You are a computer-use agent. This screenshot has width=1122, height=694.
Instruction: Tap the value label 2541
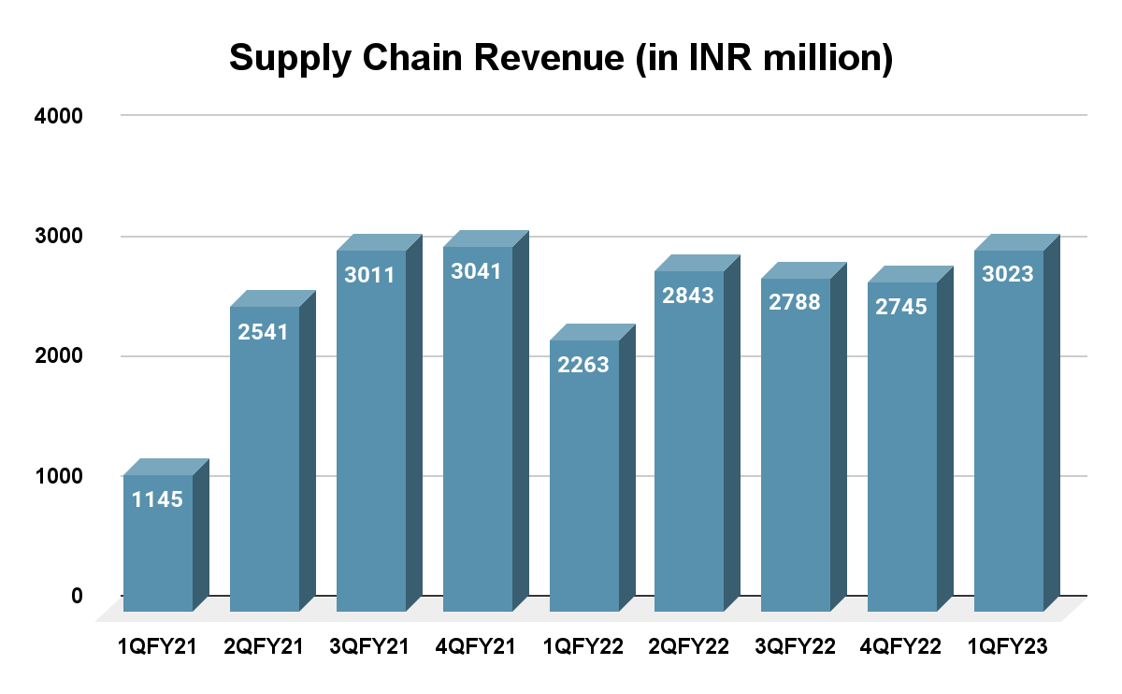point(265,332)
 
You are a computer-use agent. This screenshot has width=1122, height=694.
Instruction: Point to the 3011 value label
point(371,276)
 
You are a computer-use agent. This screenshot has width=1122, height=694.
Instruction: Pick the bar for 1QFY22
point(584,486)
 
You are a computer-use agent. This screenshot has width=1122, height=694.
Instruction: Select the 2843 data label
point(689,296)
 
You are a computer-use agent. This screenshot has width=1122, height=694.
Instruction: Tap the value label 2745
point(902,306)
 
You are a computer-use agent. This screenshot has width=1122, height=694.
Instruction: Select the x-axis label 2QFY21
point(265,646)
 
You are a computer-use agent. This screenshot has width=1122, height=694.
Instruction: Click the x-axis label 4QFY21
point(478,646)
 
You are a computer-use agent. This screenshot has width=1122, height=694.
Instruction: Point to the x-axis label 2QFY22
point(689,646)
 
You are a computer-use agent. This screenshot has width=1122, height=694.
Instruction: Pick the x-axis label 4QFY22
point(902,646)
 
